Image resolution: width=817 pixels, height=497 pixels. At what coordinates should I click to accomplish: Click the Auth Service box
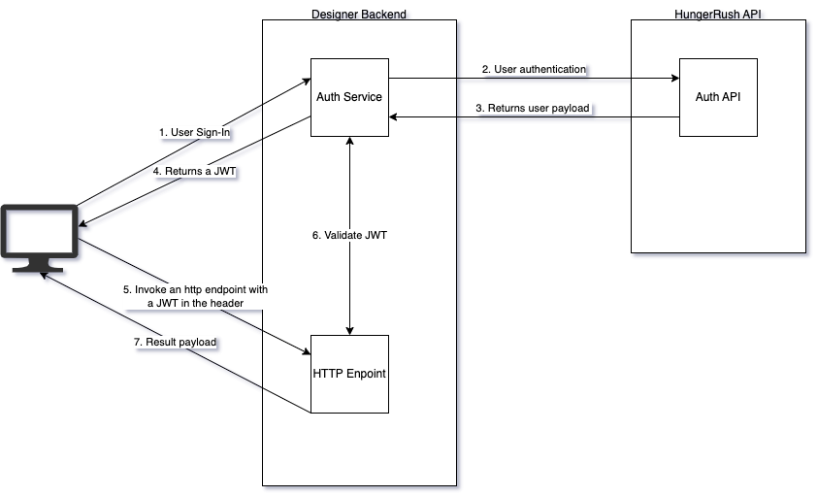tap(349, 97)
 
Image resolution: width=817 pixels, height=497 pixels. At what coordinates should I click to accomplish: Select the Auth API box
tap(717, 97)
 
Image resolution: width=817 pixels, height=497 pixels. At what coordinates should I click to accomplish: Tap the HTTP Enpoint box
tap(349, 374)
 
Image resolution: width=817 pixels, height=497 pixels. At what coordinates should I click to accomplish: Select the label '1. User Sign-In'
tap(194, 132)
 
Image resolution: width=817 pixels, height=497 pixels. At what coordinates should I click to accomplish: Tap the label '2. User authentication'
tap(535, 70)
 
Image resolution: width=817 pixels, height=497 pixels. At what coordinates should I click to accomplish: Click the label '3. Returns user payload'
tap(533, 108)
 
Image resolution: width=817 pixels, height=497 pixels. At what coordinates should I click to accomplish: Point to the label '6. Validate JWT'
tap(349, 235)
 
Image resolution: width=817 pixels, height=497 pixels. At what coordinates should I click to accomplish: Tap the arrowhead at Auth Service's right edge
tap(394, 116)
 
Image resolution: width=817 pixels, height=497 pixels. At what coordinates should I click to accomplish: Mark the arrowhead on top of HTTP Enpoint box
tap(349, 329)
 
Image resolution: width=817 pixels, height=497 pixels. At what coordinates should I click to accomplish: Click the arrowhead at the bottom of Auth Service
tap(349, 142)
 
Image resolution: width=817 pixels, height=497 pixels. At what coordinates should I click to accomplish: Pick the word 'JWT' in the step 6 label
tap(375, 235)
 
